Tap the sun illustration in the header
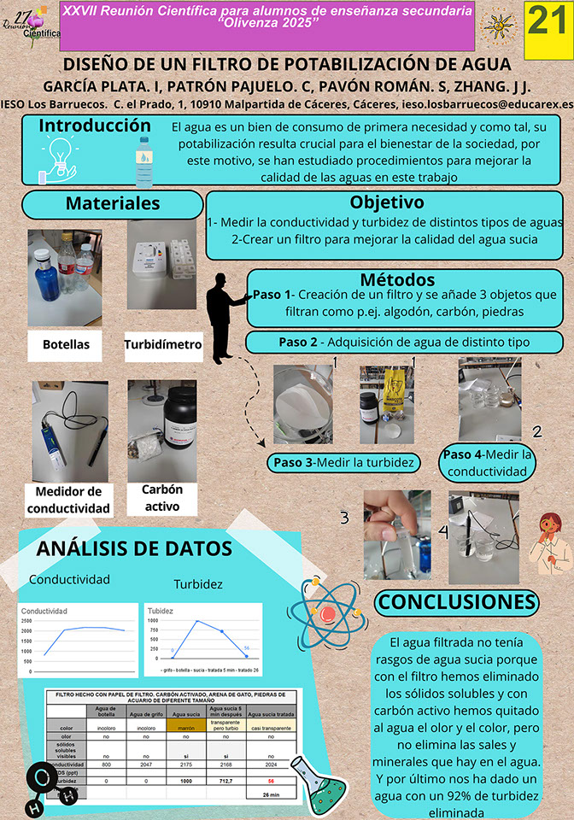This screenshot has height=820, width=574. (498, 27)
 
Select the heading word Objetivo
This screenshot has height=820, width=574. (386, 202)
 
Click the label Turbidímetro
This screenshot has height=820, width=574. (162, 345)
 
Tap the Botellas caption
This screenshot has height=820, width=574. (66, 345)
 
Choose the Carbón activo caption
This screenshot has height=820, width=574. (161, 498)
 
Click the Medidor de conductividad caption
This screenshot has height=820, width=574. (68, 500)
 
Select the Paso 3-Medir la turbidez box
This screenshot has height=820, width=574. (343, 462)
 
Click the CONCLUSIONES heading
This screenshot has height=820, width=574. (457, 602)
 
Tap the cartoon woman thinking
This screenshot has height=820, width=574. (547, 545)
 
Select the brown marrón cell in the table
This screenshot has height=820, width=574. (186, 729)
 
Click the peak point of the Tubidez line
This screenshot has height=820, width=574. (197, 621)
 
